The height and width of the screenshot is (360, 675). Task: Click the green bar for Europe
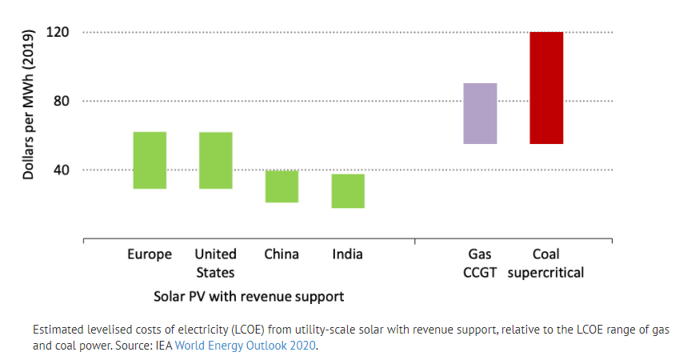pyautogui.click(x=150, y=160)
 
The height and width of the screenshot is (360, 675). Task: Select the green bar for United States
pyautogui.click(x=215, y=160)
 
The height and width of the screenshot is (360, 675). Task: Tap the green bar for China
pyautogui.click(x=282, y=186)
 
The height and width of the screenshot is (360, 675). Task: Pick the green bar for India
pyautogui.click(x=348, y=191)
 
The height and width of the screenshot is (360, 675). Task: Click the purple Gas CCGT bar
pyautogui.click(x=481, y=114)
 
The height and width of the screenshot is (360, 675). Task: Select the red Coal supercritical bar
pyautogui.click(x=546, y=88)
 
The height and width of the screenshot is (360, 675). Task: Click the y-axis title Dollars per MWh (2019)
pyautogui.click(x=28, y=104)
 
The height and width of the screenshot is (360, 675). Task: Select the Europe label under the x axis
pyautogui.click(x=150, y=254)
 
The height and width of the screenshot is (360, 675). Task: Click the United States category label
pyautogui.click(x=215, y=263)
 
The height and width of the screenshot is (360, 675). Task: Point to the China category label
pyautogui.click(x=282, y=254)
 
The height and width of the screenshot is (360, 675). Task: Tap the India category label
pyautogui.click(x=348, y=254)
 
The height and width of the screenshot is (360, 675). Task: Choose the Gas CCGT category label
pyautogui.click(x=481, y=263)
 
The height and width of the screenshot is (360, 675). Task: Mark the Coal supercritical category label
pyautogui.click(x=546, y=263)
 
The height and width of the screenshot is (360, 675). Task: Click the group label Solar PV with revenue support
pyautogui.click(x=249, y=296)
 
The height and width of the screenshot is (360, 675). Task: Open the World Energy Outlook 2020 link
pyautogui.click(x=246, y=346)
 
